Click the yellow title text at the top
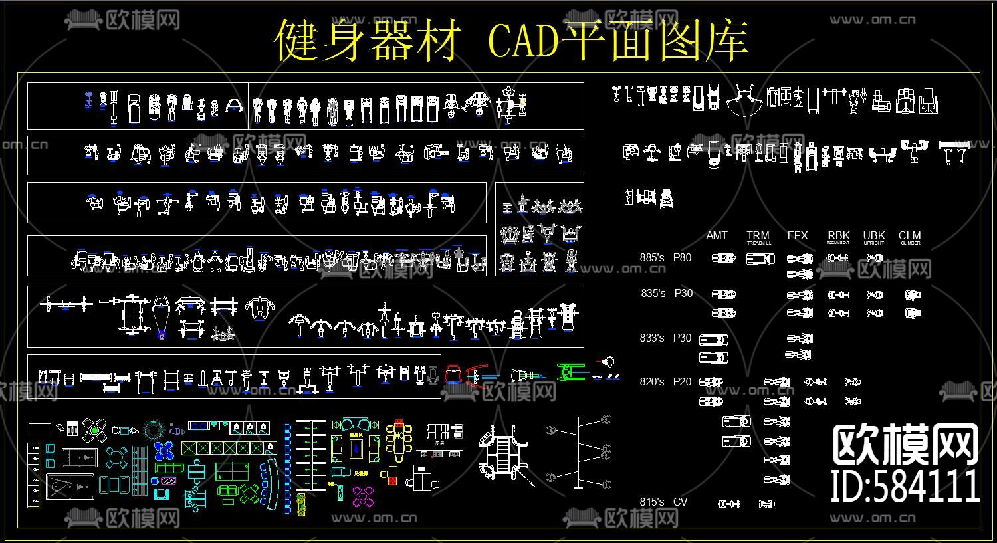(512, 40)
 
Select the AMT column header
(717, 236)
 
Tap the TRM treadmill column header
(758, 237)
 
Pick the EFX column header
(798, 236)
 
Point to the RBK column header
(839, 237)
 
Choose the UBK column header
(874, 237)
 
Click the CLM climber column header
(910, 237)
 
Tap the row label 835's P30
(667, 293)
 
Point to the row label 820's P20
(665, 382)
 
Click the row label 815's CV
(663, 502)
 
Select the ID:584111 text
(905, 487)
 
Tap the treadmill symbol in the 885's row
(760, 259)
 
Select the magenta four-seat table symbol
(364, 495)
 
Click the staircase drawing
(503, 453)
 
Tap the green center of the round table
(95, 431)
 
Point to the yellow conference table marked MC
(399, 438)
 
